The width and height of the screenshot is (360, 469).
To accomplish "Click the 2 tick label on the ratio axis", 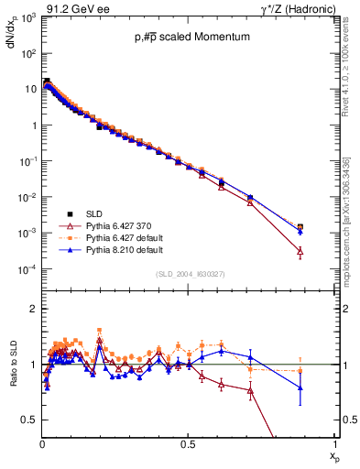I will (x=32, y=310).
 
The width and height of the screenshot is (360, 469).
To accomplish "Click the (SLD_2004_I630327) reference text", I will (x=186, y=274).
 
